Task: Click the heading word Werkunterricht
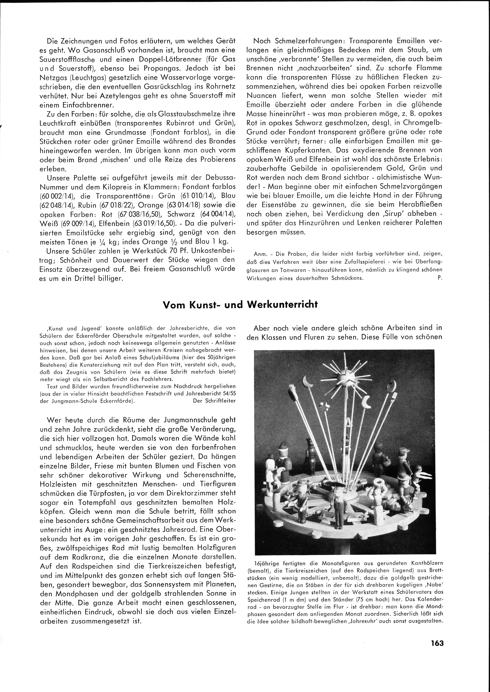point(282,305)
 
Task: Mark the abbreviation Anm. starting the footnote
point(253,254)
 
